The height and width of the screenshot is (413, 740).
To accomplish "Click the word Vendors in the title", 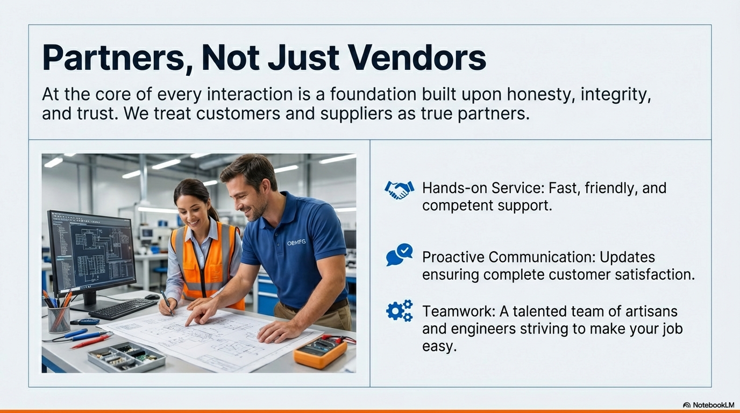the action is pos(417,58).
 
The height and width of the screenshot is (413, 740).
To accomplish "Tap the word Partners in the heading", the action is pos(113,58).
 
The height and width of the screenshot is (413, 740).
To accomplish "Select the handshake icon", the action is pos(399,190).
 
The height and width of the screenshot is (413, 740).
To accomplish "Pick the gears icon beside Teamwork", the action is pos(400,311).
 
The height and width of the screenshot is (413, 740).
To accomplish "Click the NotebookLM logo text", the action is pos(713,405).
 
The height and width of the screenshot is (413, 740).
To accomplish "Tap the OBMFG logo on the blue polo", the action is pos(296,243).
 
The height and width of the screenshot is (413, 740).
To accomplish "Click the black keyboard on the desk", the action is pos(123,308).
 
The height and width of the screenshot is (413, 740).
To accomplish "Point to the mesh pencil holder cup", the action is pos(59,319).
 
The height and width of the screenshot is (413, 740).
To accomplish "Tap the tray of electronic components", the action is pos(126,357).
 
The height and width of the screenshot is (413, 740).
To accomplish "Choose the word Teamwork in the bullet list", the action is pos(459,311).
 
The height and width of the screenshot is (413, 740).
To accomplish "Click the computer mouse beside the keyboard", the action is pos(152,297).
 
